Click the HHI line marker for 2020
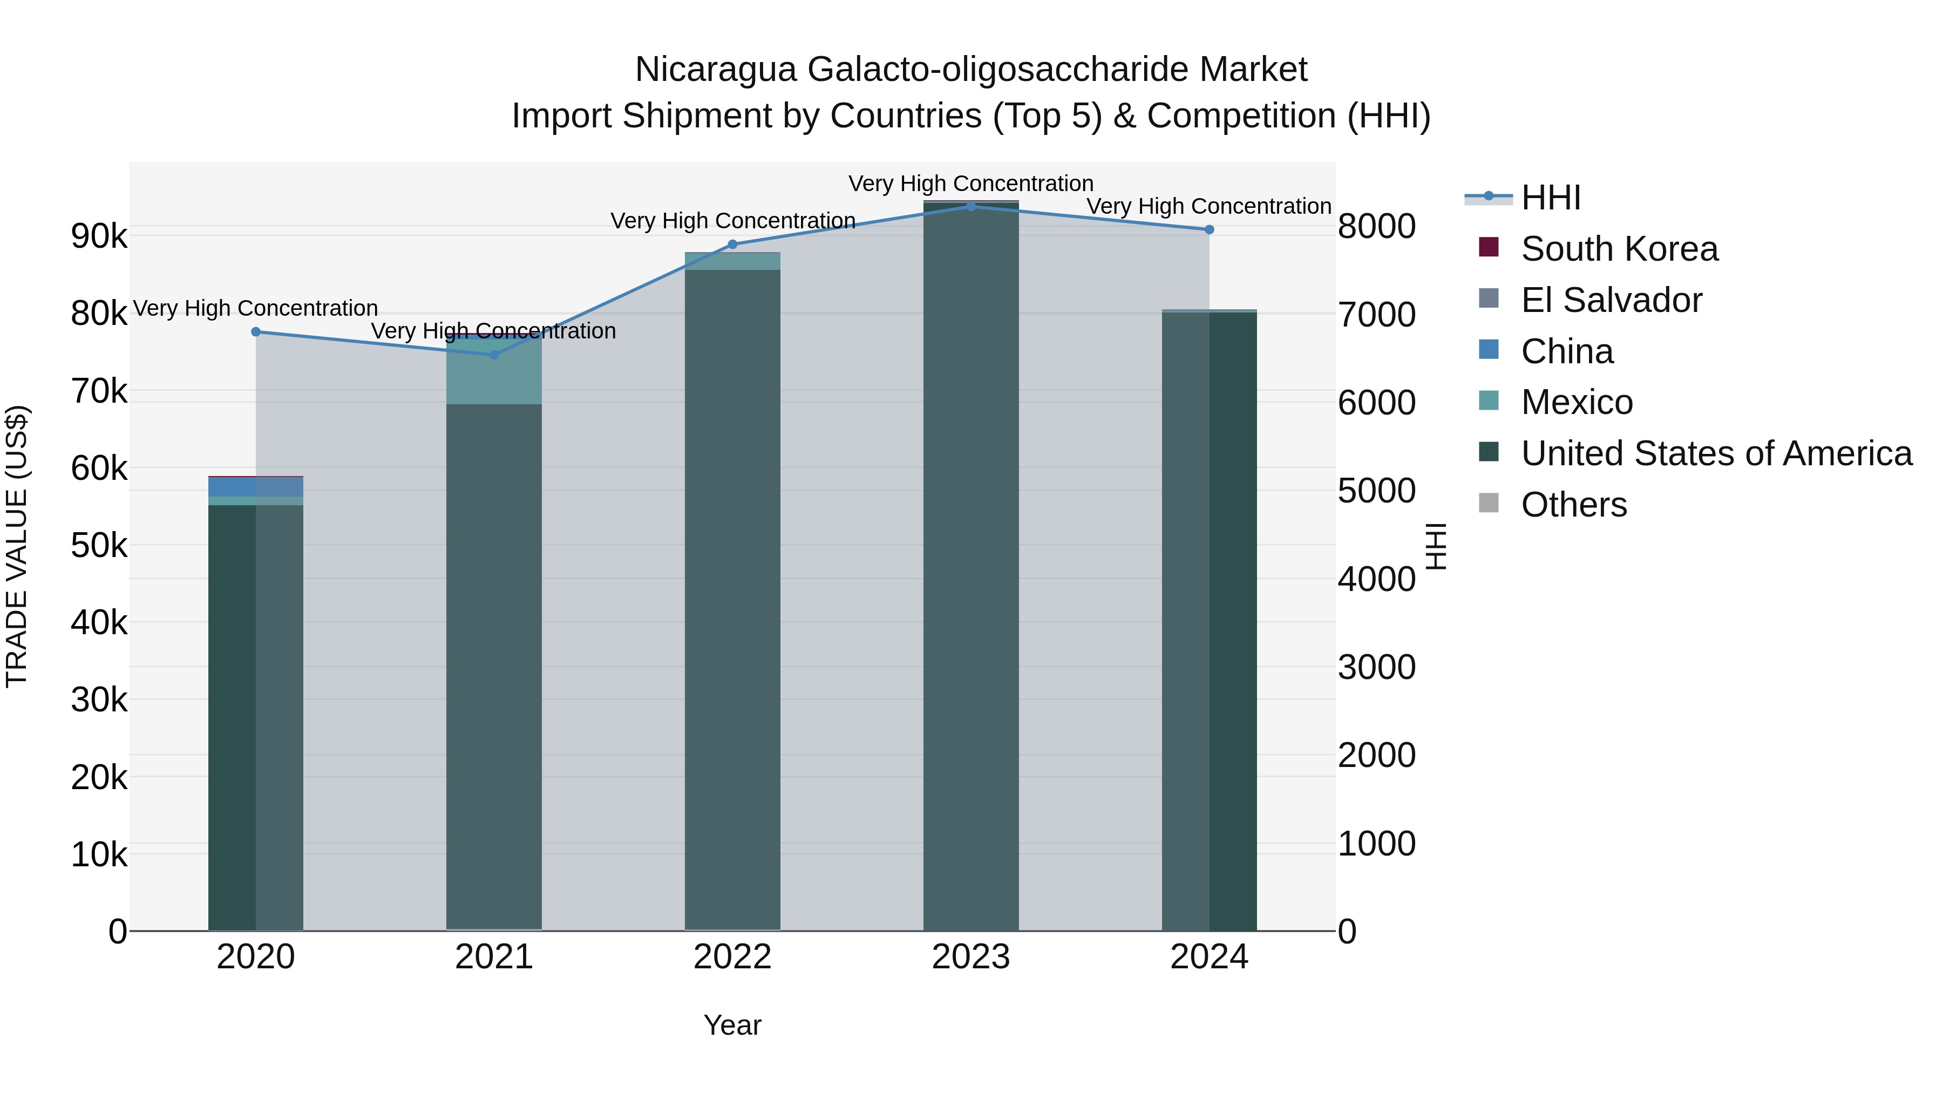[x=256, y=332]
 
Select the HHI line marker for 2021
[x=494, y=355]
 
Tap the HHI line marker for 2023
[x=971, y=207]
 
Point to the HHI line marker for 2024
[x=1209, y=229]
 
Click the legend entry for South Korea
[x=1619, y=249]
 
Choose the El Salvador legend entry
[x=1611, y=300]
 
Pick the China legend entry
[x=1567, y=351]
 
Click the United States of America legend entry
[x=1716, y=453]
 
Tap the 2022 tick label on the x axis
[x=732, y=957]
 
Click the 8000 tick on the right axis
[x=1376, y=226]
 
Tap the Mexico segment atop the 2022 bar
[x=732, y=261]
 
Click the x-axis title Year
[x=732, y=1025]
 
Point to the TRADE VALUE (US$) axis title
[x=17, y=546]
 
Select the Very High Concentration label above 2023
[x=971, y=184]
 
